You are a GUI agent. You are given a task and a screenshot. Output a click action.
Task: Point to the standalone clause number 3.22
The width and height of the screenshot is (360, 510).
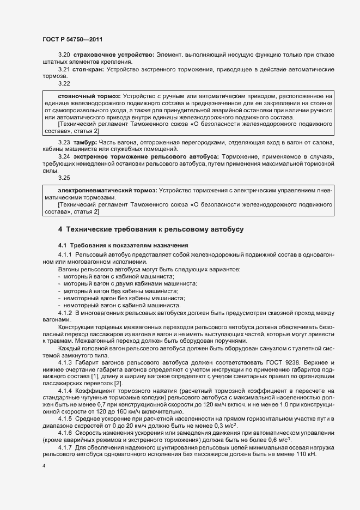click(64, 84)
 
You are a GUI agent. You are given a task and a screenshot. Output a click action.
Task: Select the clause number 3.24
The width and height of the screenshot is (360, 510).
click(64, 156)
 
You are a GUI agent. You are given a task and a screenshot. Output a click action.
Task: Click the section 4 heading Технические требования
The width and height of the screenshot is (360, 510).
click(151, 229)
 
